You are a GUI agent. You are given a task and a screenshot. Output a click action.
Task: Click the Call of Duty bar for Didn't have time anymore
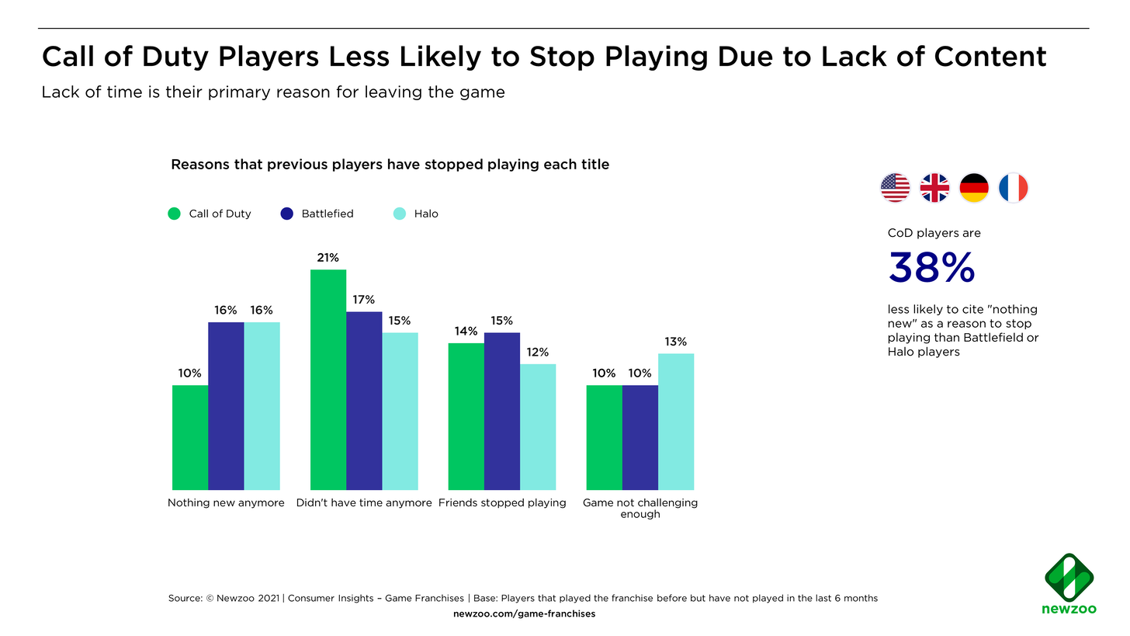tap(328, 380)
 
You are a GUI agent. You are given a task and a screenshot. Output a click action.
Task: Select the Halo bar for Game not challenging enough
tap(676, 422)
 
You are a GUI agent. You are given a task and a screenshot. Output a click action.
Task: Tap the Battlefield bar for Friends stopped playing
tap(502, 411)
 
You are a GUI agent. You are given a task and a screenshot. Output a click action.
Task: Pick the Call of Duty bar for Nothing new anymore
tap(190, 437)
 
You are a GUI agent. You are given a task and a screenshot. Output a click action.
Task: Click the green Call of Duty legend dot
tap(175, 214)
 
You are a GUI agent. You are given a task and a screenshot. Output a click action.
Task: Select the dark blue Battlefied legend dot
tap(286, 214)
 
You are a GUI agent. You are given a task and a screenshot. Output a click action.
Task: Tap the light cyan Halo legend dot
tap(400, 214)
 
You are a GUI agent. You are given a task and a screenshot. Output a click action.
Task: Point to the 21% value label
tap(328, 258)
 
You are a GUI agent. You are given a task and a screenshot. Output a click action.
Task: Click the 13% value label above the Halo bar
tap(676, 342)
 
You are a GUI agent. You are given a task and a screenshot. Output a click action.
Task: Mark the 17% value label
tap(364, 300)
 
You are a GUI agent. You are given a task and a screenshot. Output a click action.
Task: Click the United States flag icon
tap(896, 188)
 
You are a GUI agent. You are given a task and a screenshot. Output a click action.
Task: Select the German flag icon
tap(974, 188)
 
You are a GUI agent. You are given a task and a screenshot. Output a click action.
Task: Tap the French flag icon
tap(1013, 188)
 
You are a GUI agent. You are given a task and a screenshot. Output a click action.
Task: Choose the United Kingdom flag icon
tap(934, 188)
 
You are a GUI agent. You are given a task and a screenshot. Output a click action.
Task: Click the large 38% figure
tap(931, 269)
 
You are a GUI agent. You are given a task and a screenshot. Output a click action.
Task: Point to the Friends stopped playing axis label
tap(502, 502)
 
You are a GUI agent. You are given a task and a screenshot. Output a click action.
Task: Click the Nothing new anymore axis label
tap(226, 502)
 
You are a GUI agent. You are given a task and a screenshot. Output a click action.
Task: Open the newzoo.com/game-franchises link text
tap(524, 614)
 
